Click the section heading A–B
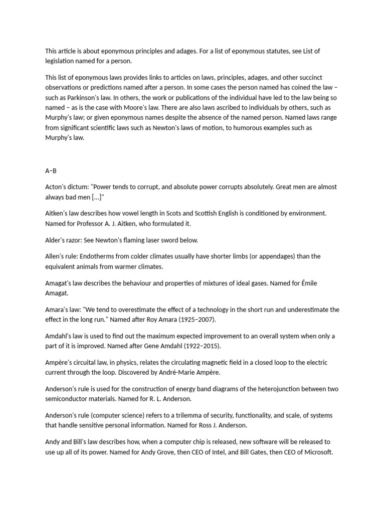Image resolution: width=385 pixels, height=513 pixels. (x=51, y=171)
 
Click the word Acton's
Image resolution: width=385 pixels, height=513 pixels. (x=57, y=187)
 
